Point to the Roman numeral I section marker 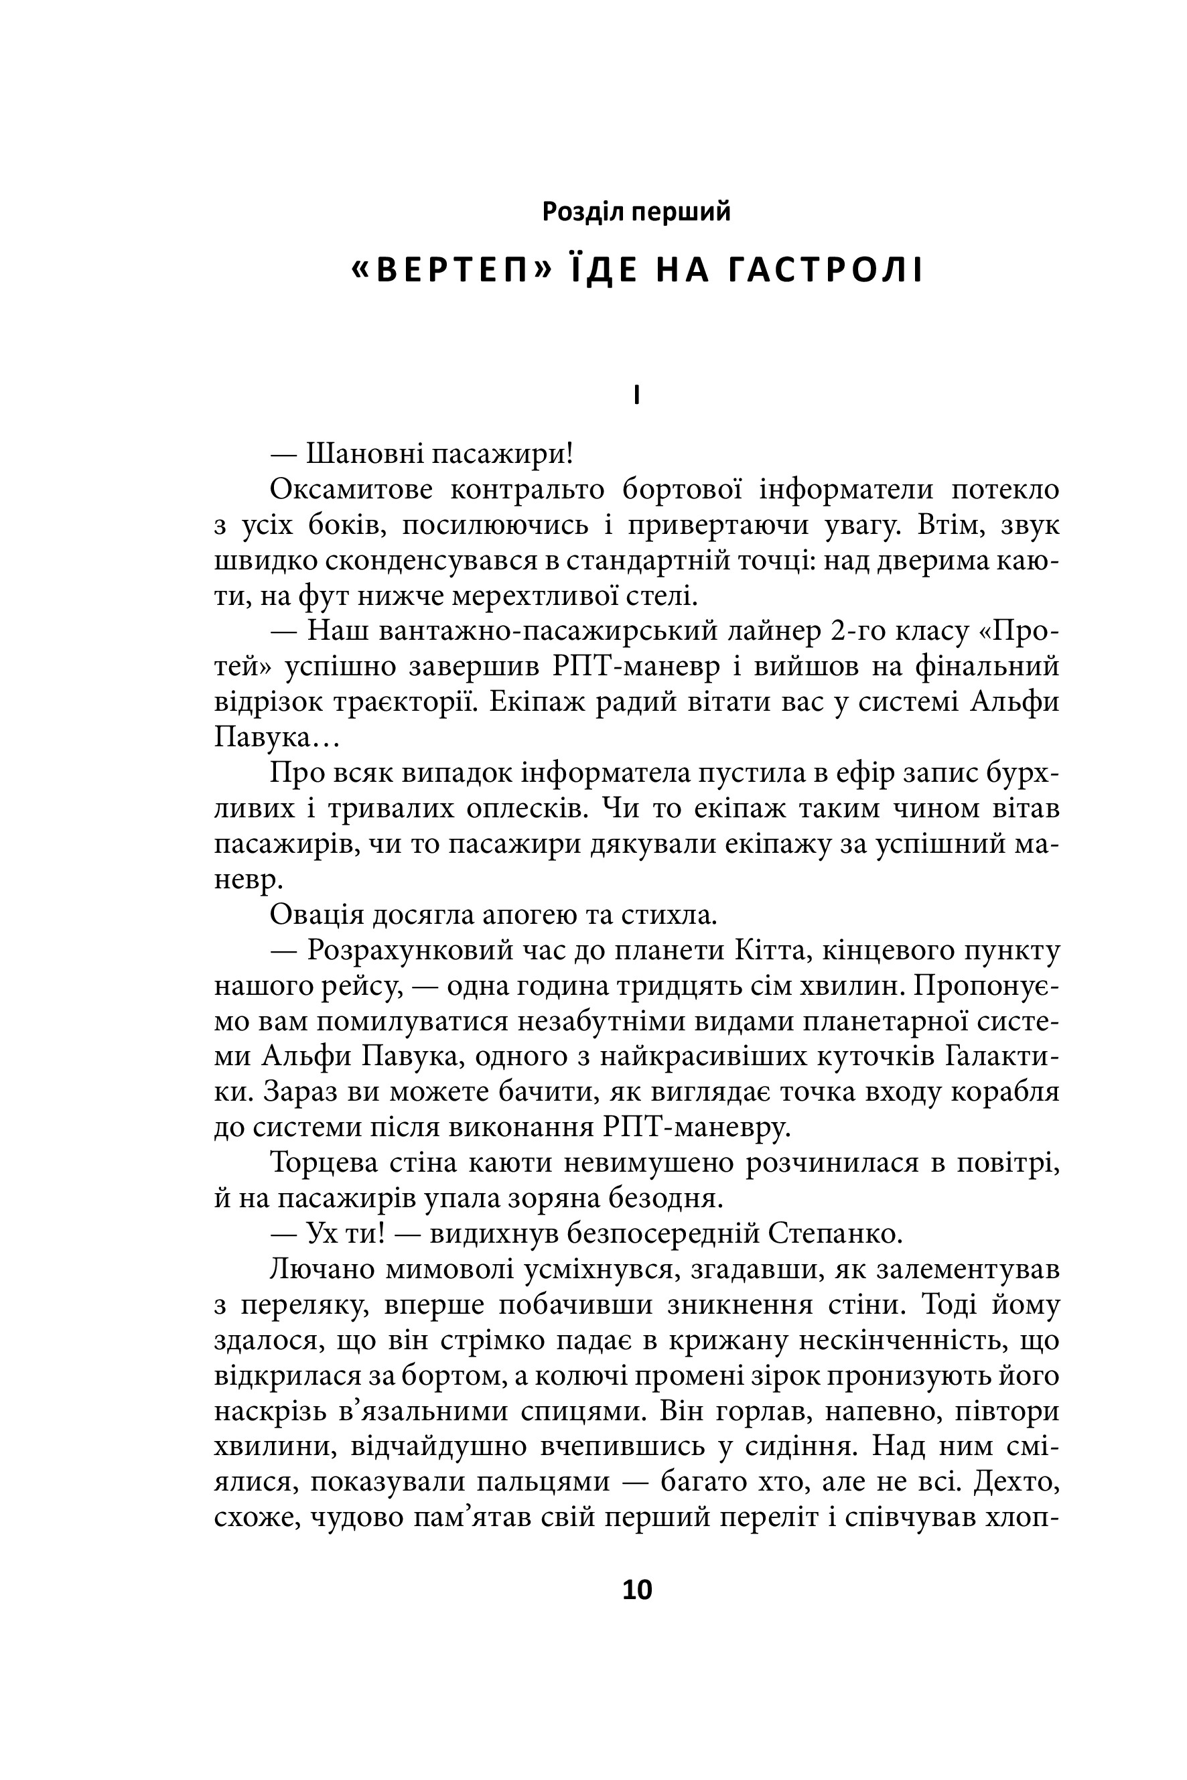pos(636,396)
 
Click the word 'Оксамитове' pos(351,490)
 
